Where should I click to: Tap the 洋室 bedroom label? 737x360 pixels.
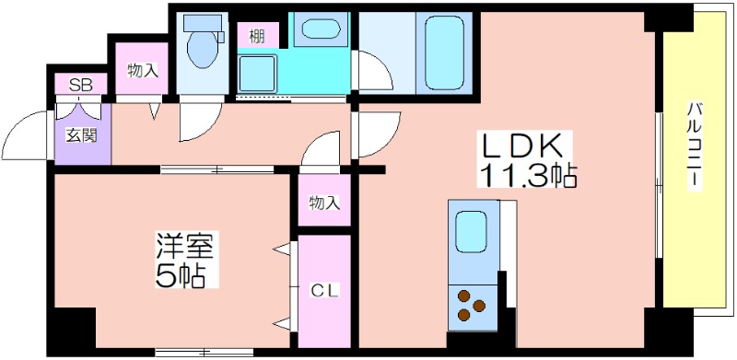[186, 247]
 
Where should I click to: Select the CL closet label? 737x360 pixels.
[324, 291]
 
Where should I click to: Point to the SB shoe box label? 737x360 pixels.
[81, 85]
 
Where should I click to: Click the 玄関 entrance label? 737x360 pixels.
[82, 135]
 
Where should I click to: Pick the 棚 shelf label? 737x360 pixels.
[256, 36]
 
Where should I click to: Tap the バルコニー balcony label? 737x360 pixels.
[695, 145]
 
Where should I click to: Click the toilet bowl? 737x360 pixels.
[203, 50]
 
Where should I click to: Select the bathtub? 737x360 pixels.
[444, 52]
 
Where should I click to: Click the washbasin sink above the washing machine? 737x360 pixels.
[320, 29]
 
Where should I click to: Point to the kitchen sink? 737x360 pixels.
[471, 232]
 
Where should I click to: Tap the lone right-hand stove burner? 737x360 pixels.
[479, 306]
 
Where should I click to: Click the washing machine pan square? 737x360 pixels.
[257, 74]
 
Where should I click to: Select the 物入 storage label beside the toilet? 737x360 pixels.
[143, 71]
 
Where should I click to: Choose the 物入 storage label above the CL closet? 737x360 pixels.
[324, 203]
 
